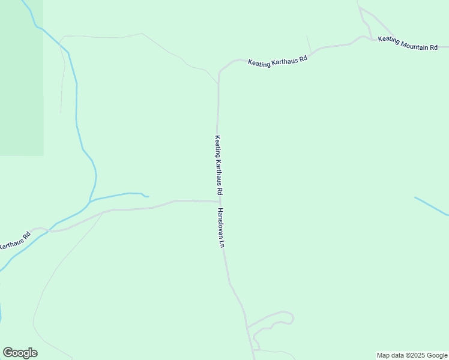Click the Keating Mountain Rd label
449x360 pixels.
click(408, 43)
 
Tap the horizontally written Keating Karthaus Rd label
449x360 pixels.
click(278, 61)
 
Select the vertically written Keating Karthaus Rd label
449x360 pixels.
click(219, 165)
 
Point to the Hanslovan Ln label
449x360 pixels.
click(221, 228)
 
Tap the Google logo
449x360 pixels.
click(20, 353)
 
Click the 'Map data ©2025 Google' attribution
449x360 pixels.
click(412, 355)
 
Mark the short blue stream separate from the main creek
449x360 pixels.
click(431, 206)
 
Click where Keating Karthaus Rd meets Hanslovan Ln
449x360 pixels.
click(220, 202)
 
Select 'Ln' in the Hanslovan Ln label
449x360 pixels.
click(222, 245)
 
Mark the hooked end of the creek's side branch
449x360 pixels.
click(145, 195)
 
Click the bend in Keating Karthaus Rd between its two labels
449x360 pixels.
click(220, 73)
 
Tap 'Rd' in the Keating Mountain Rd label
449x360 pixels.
click(433, 47)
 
